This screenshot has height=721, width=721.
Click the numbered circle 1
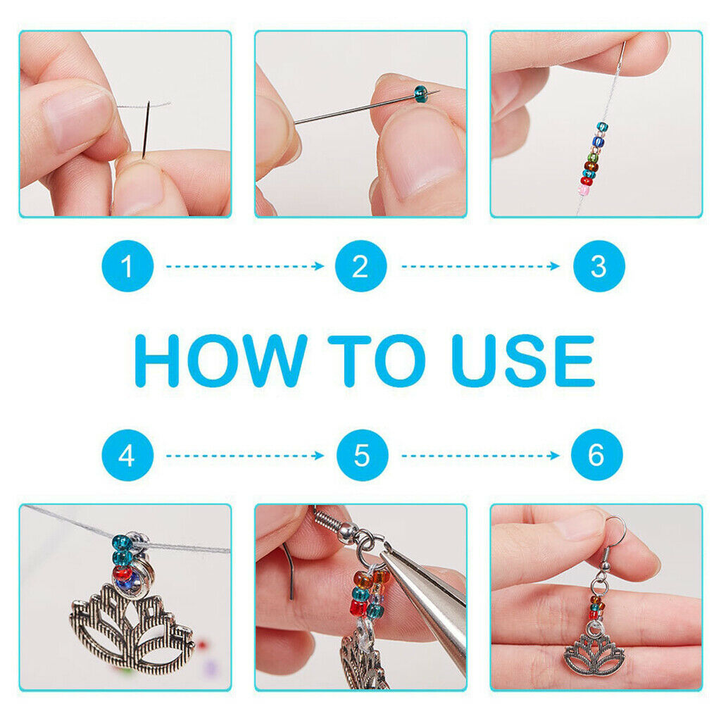[x=127, y=265]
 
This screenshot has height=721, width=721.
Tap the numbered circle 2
[x=361, y=265]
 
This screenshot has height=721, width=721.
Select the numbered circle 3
[x=598, y=265]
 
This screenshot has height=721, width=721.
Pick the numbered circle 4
[x=127, y=456]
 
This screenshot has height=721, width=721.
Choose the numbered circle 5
[x=363, y=456]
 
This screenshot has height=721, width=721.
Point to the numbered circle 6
[x=597, y=455]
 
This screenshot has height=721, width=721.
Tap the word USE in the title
[x=523, y=360]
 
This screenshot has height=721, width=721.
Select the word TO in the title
[x=376, y=360]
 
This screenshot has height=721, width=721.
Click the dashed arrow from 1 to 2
[x=244, y=266]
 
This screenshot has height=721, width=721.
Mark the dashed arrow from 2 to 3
[x=480, y=266]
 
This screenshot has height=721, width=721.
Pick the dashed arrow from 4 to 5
[x=244, y=456]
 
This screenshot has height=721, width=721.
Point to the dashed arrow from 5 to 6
[x=480, y=456]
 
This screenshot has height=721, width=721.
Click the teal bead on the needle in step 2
[x=421, y=94]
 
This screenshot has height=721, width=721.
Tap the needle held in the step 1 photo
[x=146, y=130]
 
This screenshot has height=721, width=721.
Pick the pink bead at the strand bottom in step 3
[x=585, y=189]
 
